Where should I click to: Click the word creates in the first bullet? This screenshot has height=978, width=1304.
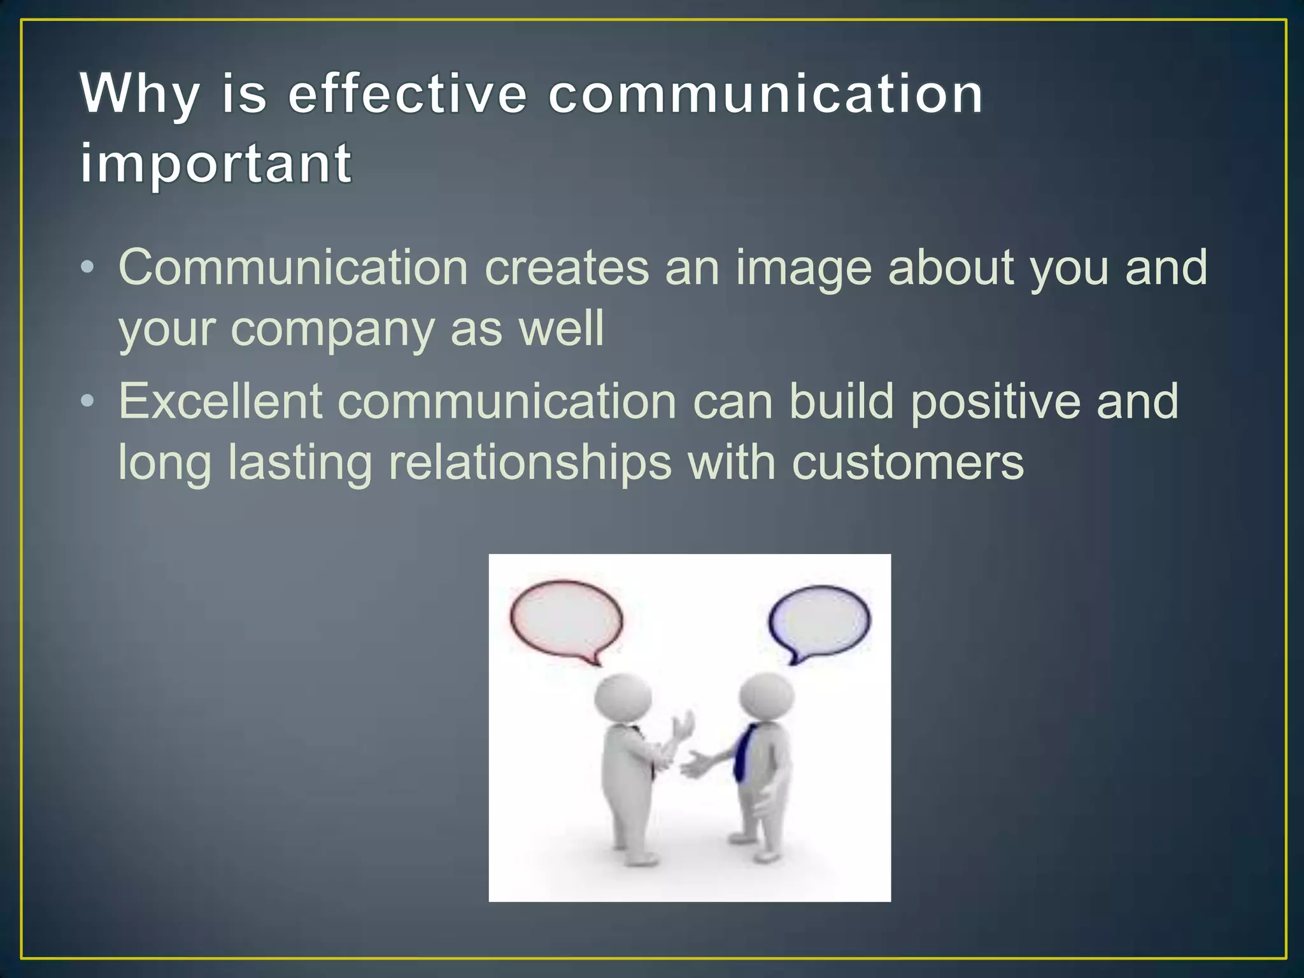(x=567, y=268)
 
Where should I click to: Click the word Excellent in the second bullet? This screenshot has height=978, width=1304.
(x=220, y=402)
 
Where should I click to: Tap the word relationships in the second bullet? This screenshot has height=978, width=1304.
(x=530, y=464)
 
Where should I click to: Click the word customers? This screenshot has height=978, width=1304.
(x=907, y=464)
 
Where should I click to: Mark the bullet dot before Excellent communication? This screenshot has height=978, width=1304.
(x=88, y=400)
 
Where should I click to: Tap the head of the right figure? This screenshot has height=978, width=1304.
(x=767, y=695)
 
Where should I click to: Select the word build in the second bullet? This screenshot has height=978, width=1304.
(x=841, y=402)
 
